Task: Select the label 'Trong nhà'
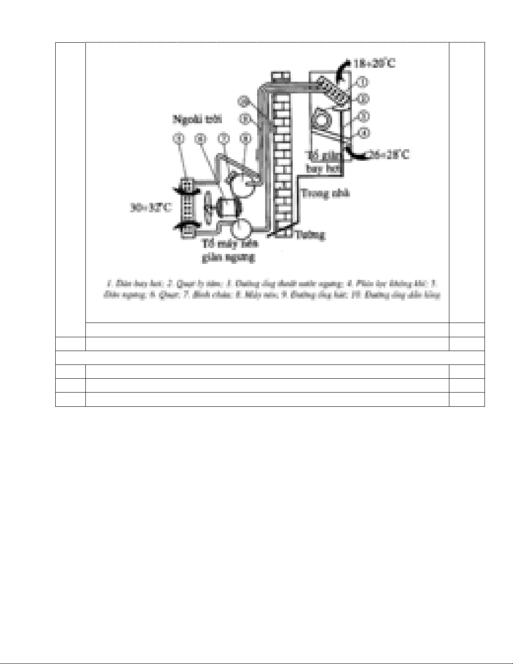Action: pos(325,194)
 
